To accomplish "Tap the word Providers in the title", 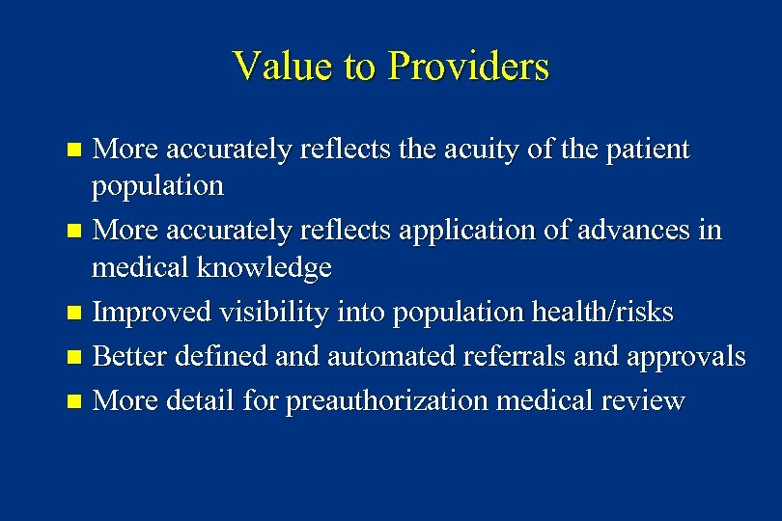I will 468,68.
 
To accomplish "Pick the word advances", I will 630,231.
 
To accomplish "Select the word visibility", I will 259,313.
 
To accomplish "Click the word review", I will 646,400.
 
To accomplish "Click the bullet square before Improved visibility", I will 76,314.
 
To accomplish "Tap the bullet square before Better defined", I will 76,358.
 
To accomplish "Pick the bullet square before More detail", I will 76,401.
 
